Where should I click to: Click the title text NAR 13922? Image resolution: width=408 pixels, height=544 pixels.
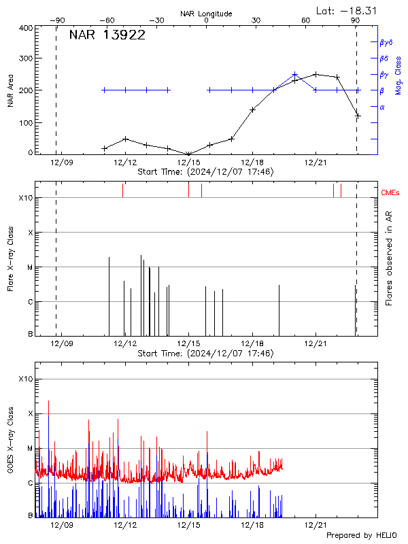point(107,36)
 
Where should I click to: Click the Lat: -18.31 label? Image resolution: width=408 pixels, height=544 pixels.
point(347,10)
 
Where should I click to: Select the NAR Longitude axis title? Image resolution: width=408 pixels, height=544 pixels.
point(206,14)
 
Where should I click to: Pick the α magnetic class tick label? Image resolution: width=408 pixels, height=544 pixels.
point(382,107)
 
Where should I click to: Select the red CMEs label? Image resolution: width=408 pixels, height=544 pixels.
point(390,194)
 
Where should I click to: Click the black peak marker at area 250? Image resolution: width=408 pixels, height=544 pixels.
point(316,74)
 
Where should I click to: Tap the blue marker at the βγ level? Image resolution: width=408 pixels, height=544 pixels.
point(294,74)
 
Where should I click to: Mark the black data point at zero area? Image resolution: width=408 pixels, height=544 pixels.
point(188,154)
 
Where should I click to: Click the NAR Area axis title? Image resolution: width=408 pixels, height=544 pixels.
point(11,91)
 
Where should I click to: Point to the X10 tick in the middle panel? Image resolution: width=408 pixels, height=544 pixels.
point(26,199)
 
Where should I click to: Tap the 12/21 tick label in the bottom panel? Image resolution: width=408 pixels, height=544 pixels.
point(316,526)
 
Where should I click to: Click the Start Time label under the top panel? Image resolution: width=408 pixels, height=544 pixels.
point(205,173)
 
